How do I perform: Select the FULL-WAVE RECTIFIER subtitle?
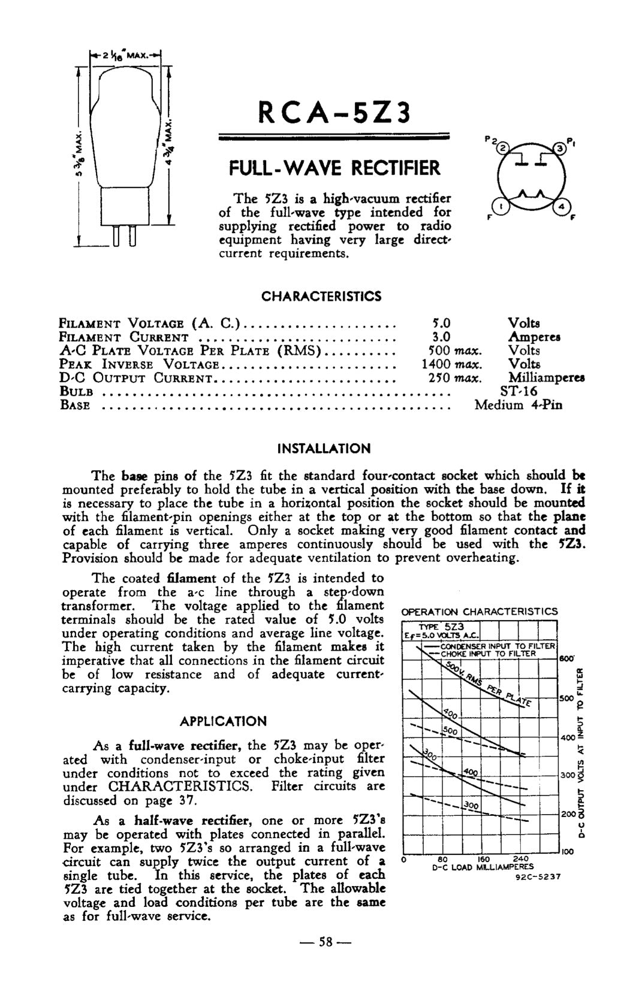click(x=335, y=168)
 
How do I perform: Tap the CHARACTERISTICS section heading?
click(x=321, y=297)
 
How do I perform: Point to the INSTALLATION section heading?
click(x=324, y=449)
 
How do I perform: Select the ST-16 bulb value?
click(x=519, y=392)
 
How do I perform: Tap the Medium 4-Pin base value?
click(x=519, y=405)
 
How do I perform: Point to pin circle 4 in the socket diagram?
click(x=562, y=207)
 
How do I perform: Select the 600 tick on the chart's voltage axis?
click(x=566, y=658)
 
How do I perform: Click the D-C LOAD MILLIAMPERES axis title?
click(x=483, y=867)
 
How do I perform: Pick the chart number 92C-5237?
click(x=538, y=878)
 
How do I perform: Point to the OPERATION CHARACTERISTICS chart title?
click(x=479, y=612)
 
